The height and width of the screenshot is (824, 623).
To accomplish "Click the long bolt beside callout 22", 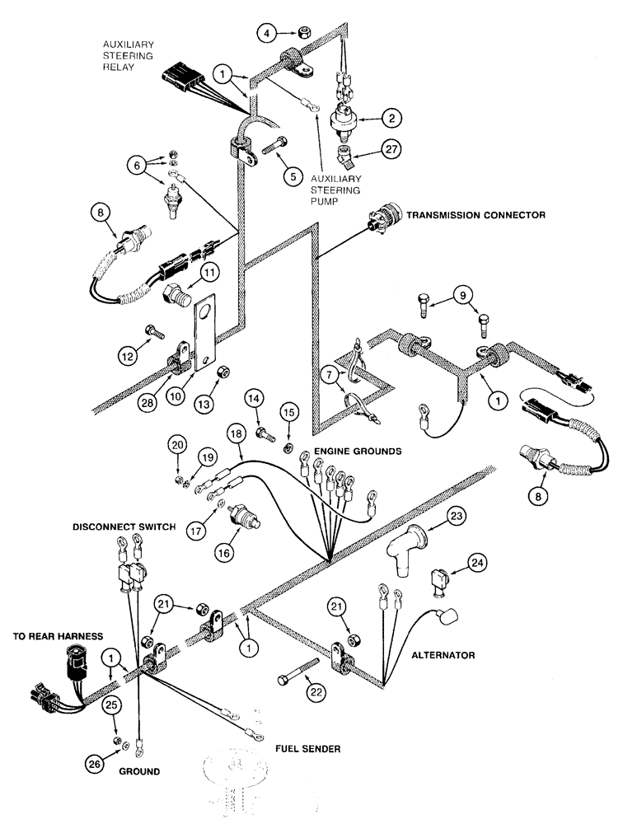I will click(300, 665).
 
